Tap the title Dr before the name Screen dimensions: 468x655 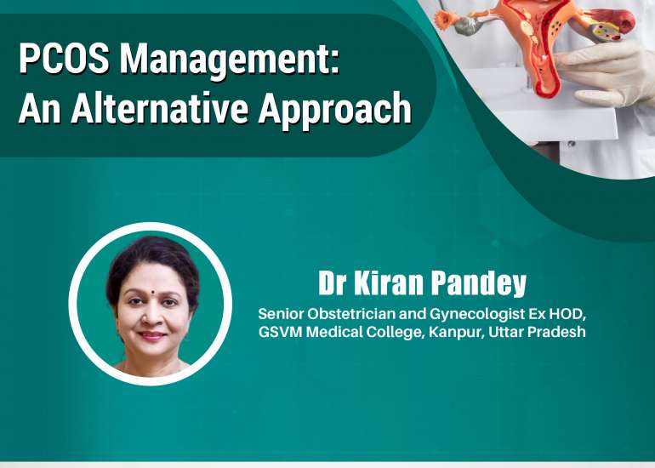pyautogui.click(x=334, y=283)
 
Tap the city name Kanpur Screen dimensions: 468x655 pyautogui.click(x=450, y=332)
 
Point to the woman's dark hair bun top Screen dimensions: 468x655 pyautogui.click(x=151, y=251)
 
